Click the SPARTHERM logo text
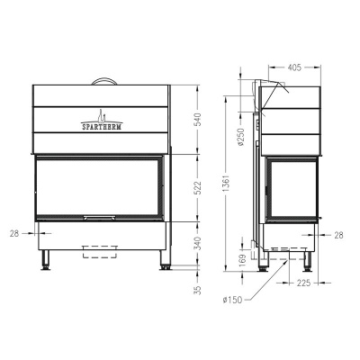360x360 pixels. [102, 127]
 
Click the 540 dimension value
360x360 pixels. [198, 120]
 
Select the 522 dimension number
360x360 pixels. [198, 188]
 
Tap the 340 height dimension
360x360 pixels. [198, 244]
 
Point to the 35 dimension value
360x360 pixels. [198, 290]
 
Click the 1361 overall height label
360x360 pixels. [226, 183]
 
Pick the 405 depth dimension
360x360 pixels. [294, 67]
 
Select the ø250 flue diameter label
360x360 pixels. [241, 137]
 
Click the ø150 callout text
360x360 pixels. [232, 300]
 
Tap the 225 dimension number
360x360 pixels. [304, 283]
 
